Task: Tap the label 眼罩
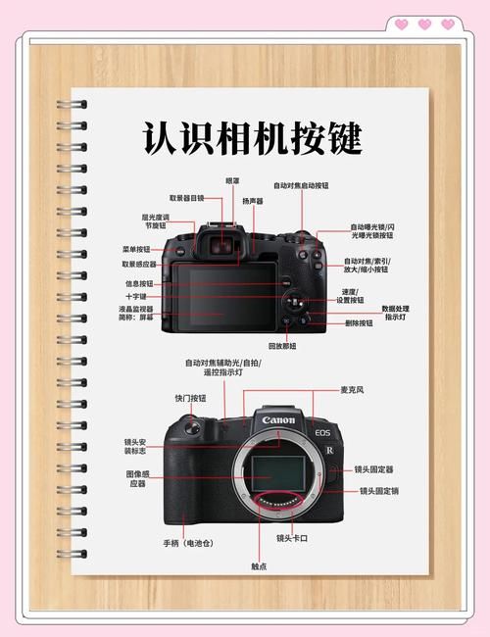(232, 180)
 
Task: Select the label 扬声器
(253, 201)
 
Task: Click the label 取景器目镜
(186, 197)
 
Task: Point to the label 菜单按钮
(136, 249)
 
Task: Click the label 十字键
(135, 296)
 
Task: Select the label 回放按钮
(282, 346)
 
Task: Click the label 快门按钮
(190, 398)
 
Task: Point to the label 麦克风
(353, 390)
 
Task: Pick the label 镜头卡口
(293, 537)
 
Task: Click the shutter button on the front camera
(193, 425)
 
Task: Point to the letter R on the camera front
(330, 448)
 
